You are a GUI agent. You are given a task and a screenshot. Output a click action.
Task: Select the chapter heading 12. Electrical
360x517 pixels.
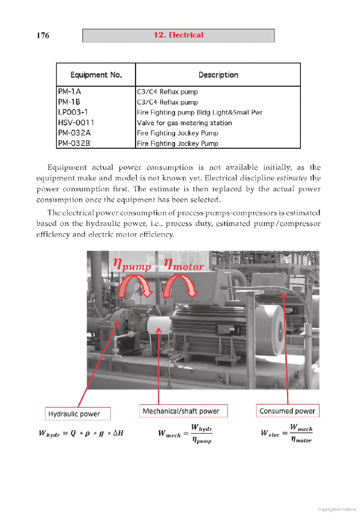tap(178, 35)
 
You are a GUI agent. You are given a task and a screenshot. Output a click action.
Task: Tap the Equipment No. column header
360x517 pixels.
tap(96, 75)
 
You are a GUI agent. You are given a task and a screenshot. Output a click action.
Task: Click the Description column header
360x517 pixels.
tap(218, 75)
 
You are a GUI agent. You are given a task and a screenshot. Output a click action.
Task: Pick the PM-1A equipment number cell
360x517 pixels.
tap(69, 91)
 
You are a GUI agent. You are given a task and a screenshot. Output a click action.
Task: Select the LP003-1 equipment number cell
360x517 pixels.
tap(72, 112)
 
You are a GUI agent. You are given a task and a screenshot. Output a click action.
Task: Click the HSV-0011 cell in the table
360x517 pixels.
tap(76, 122)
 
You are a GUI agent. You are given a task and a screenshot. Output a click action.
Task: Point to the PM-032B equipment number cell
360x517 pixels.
tap(74, 143)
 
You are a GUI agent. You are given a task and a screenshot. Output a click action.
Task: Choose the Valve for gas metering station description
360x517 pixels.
tap(184, 122)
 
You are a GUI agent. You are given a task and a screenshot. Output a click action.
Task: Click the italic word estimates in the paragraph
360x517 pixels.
tap(293, 178)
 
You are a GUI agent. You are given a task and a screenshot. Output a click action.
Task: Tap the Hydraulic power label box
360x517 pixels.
tap(78, 414)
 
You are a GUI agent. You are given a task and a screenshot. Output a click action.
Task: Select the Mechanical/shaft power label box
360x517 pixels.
tap(184, 411)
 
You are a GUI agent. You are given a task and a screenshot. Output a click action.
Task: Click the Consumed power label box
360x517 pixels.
tap(287, 411)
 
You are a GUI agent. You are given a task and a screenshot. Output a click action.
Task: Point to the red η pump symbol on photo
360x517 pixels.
tap(131, 265)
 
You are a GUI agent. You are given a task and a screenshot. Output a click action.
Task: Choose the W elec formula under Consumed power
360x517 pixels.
tap(286, 434)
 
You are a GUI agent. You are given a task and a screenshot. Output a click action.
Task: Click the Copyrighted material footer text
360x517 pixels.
tap(336, 510)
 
